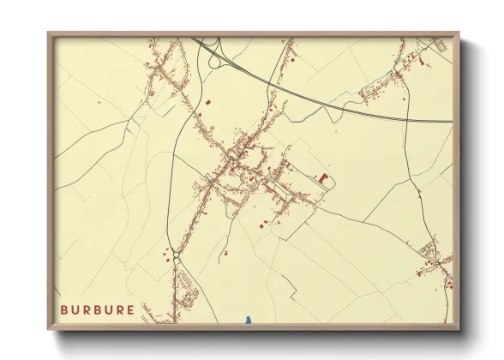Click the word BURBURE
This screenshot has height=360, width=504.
(97, 309)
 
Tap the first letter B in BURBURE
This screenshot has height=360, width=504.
(63, 309)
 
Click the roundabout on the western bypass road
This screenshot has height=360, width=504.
(177, 255)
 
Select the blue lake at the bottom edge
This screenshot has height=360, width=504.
(248, 321)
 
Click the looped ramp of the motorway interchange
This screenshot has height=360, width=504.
(211, 53)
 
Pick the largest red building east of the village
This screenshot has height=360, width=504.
(323, 177)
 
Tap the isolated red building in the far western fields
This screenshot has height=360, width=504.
(99, 103)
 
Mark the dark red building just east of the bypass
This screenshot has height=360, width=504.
(207, 103)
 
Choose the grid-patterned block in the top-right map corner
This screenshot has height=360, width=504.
(439, 45)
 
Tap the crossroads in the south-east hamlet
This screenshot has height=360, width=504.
(434, 257)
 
